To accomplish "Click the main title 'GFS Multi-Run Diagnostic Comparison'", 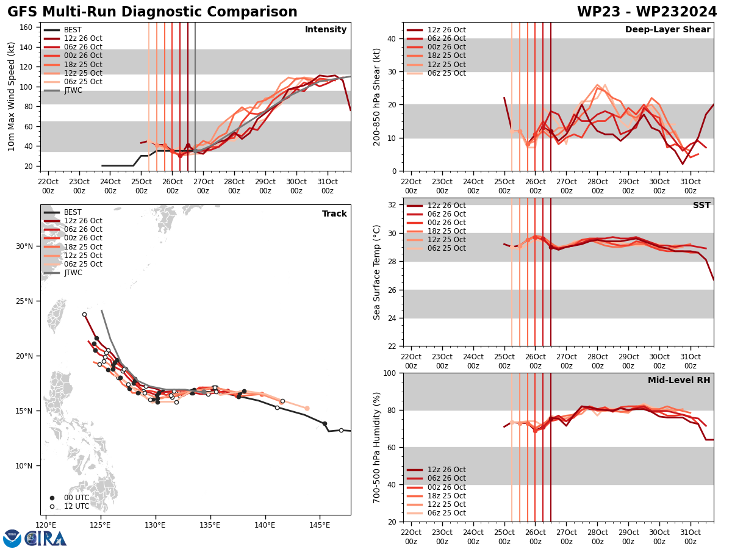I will click(x=152, y=12).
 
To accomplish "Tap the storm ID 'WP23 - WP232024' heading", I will click(x=647, y=12).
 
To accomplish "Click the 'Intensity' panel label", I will click(x=326, y=30).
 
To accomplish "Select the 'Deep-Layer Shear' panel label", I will click(x=667, y=30).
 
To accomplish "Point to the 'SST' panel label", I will click(x=701, y=206).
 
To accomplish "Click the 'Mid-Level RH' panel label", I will click(x=679, y=381).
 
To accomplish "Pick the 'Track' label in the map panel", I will click(x=334, y=214).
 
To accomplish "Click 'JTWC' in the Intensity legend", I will click(x=73, y=90).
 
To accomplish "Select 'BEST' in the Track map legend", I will click(x=73, y=212).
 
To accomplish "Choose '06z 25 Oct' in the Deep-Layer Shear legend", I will click(x=447, y=73).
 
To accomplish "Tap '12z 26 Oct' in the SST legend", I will click(x=447, y=206).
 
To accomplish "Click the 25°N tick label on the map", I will click(x=24, y=301).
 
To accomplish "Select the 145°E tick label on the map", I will click(x=320, y=525).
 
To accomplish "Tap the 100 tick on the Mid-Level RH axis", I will click(x=389, y=373).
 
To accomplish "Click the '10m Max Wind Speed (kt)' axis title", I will click(x=12, y=96).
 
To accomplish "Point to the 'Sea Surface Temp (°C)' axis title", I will click(x=377, y=272).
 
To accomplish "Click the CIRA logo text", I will click(x=46, y=538).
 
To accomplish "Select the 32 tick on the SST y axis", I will click(x=393, y=205).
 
